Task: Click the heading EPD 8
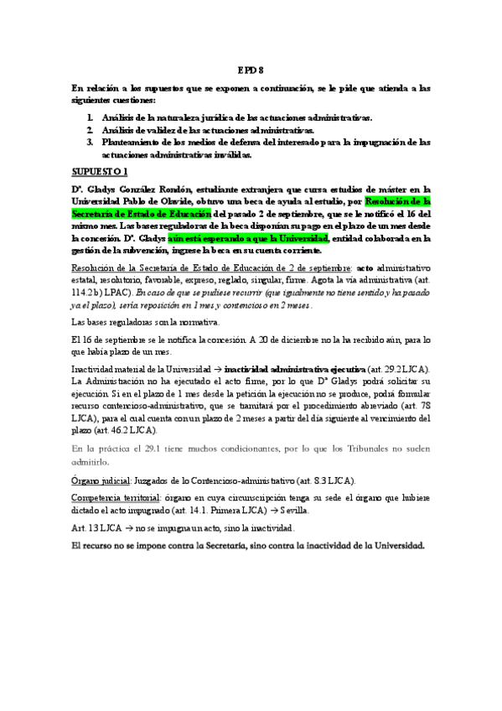pos(251,70)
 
